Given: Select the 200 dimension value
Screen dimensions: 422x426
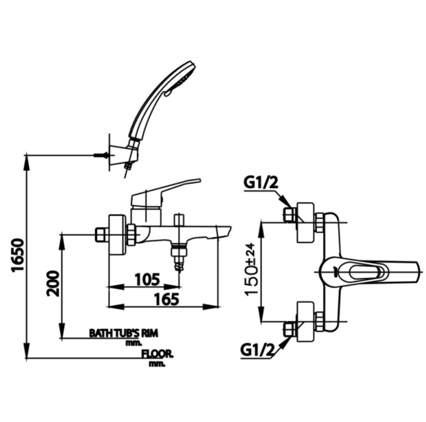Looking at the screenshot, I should (52, 283).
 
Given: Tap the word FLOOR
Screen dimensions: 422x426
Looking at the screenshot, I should (157, 353).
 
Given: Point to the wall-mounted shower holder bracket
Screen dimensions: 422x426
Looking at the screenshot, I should (121, 155).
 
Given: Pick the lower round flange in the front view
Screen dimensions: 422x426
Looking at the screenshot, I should (304, 322).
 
